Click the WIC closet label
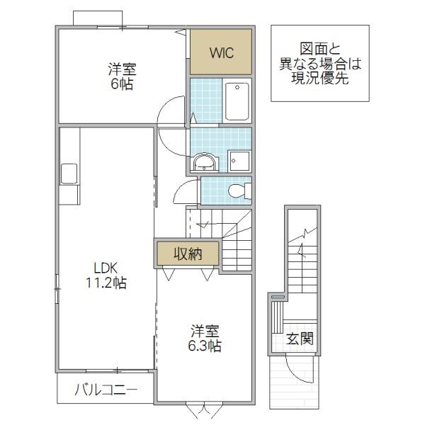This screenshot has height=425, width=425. click(222, 53)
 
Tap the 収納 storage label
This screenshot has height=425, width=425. click(188, 254)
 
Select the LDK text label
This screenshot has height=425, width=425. click(106, 268)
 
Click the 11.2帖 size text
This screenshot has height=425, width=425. click(106, 283)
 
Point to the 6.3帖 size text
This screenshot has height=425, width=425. click(205, 346)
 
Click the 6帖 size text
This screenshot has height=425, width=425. click(122, 84)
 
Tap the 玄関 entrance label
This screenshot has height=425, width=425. click(300, 339)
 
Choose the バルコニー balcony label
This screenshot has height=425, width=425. click(106, 390)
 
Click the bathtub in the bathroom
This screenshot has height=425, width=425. click(237, 101)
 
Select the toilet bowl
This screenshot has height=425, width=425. click(239, 191)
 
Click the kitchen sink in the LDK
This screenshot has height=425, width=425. click(69, 174)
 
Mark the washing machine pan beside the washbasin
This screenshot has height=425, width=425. click(239, 161)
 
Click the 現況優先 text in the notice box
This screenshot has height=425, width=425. click(320, 79)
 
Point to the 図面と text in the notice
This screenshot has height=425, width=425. click(320, 49)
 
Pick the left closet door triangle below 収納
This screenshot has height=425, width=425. click(169, 273)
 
